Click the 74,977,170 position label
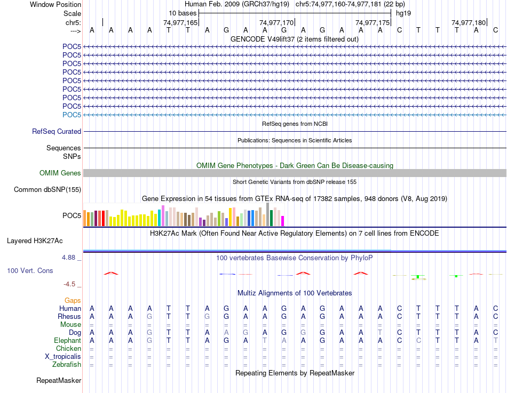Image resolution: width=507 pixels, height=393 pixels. (x=276, y=22)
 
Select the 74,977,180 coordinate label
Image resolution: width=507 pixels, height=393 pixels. (x=469, y=22)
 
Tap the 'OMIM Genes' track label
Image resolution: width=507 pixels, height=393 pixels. (x=60, y=173)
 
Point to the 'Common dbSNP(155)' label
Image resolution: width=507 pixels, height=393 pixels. (x=47, y=189)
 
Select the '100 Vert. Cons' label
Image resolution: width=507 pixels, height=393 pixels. (x=30, y=271)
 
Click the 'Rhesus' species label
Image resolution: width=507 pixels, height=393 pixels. (x=70, y=317)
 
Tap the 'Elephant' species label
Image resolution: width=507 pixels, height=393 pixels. (x=68, y=341)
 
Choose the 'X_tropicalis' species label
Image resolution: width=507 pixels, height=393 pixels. (x=63, y=357)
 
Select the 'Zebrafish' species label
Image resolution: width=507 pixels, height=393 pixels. (x=67, y=365)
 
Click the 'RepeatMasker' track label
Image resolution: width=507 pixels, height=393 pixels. (x=59, y=381)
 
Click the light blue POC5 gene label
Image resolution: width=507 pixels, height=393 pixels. (x=72, y=115)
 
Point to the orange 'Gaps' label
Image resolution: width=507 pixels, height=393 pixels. (x=73, y=301)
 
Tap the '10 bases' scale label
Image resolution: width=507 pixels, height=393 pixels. (x=183, y=13)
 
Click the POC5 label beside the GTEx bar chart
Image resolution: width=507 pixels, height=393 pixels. (x=72, y=216)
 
